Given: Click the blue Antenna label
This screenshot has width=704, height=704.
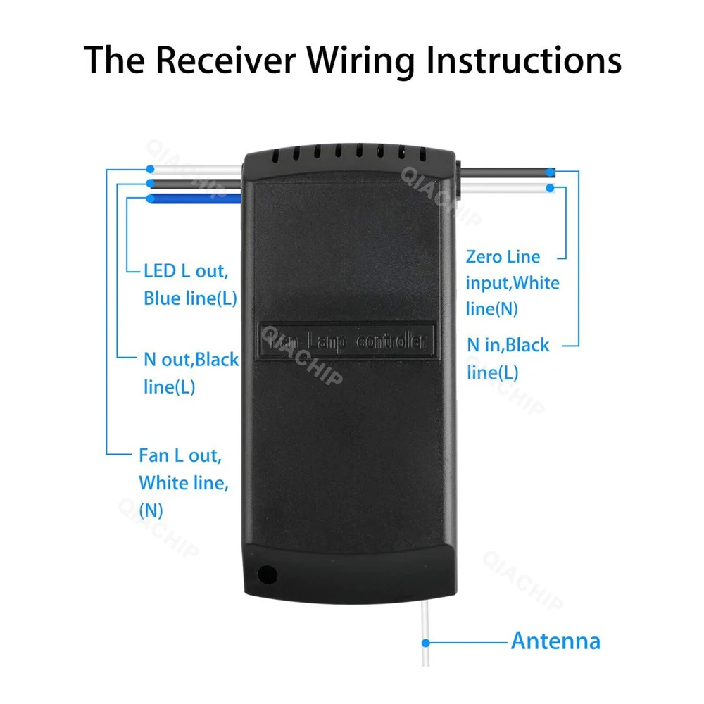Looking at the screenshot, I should [x=555, y=641].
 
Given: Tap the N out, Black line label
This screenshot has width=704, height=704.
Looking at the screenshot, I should [x=190, y=373].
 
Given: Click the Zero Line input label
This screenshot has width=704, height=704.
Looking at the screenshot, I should [x=512, y=282].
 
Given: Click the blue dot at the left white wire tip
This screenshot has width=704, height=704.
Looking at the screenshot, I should [x=150, y=170].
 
